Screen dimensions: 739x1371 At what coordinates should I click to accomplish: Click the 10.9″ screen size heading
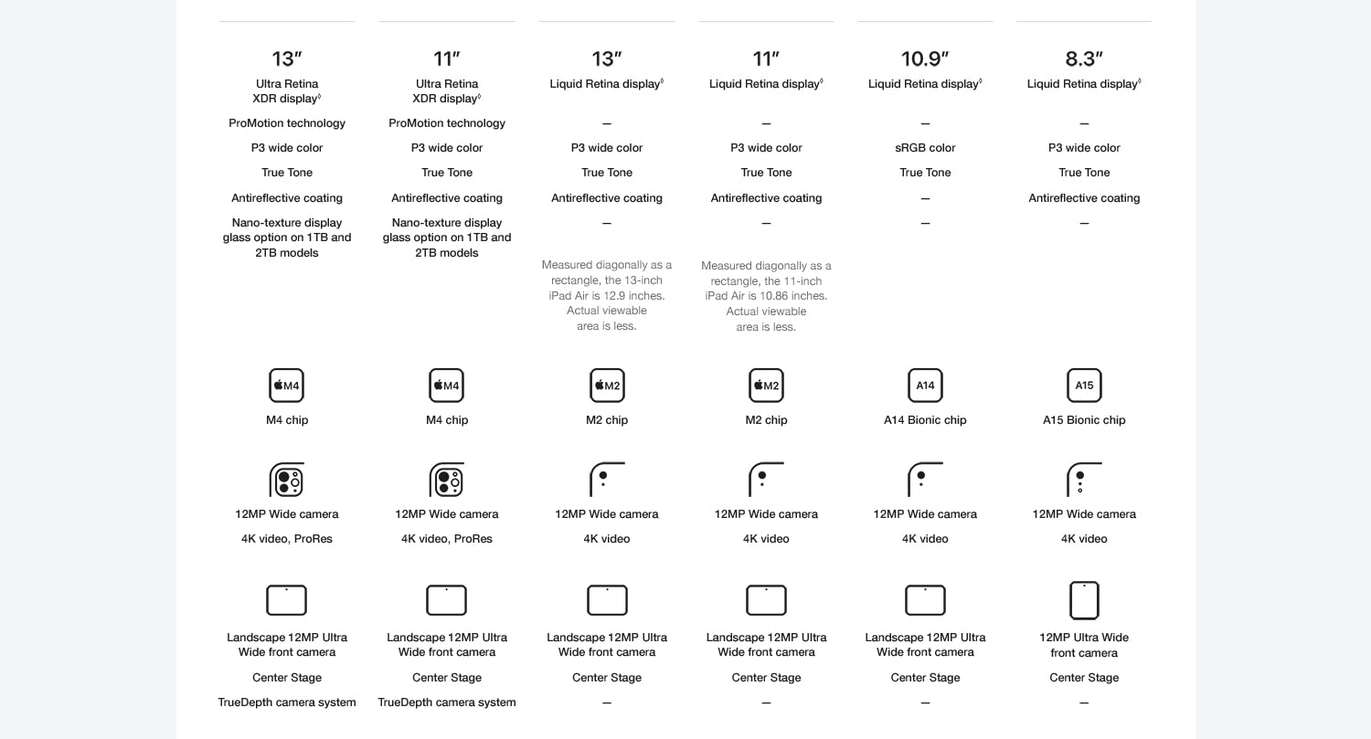tap(925, 59)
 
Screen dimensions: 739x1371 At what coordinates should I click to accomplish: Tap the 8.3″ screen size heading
tap(1084, 59)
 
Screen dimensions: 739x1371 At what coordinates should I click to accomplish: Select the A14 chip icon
tap(925, 385)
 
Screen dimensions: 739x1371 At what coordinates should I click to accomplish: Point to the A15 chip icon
tap(1084, 385)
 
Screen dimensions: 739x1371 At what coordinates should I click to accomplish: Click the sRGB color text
tap(925, 148)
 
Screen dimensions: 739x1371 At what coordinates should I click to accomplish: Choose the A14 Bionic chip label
tap(925, 420)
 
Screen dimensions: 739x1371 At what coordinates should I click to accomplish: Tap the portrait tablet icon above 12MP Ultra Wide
tap(1084, 601)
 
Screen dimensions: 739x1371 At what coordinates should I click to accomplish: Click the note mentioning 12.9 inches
tap(607, 296)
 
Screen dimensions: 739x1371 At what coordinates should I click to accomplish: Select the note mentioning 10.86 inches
tap(766, 296)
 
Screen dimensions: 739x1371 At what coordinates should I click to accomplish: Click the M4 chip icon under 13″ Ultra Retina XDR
tap(287, 385)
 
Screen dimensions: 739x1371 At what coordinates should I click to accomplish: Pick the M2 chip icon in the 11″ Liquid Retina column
tap(766, 385)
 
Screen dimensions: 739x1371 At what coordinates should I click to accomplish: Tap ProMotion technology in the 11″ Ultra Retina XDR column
tap(447, 123)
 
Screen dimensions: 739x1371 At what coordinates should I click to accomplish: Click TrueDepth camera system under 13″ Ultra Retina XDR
tap(287, 702)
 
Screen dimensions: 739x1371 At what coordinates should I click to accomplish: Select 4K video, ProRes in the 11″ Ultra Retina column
tap(447, 539)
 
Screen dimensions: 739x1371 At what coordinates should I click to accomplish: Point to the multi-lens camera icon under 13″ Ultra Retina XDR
tap(287, 480)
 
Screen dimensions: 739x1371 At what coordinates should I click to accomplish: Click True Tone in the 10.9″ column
tap(925, 173)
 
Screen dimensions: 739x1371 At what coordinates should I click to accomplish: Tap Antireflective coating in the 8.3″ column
tap(1084, 198)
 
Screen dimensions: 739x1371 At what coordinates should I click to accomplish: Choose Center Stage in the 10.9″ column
tap(925, 678)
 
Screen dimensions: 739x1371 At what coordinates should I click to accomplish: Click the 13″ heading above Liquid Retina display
tap(607, 59)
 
